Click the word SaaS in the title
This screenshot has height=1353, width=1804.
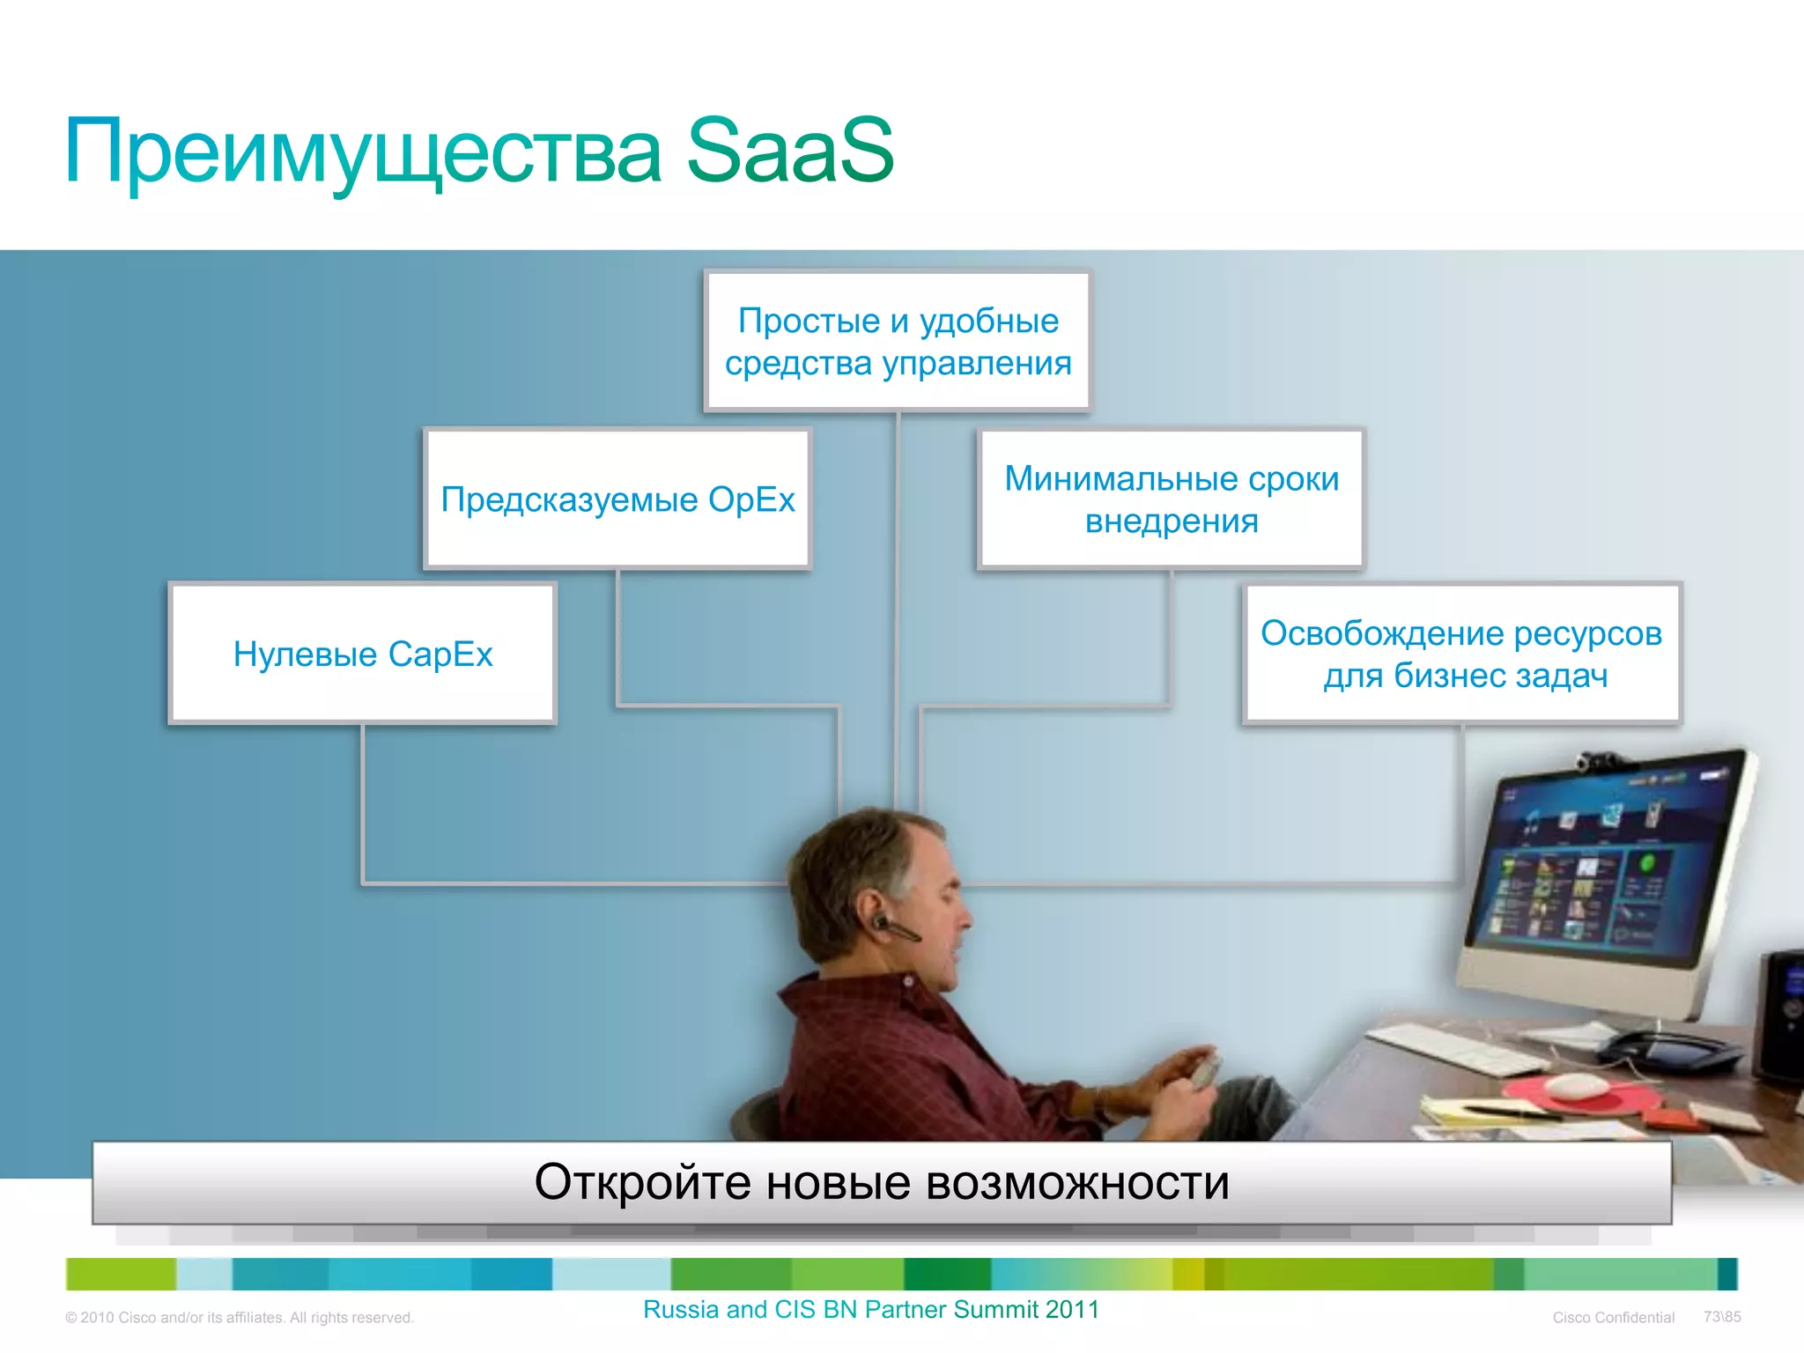pos(789,152)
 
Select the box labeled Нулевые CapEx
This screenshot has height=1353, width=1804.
pos(362,654)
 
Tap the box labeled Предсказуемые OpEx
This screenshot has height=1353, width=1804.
pos(617,499)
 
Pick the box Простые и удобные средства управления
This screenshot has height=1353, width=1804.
pos(898,342)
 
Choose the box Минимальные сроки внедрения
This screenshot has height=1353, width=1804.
pos(1171,499)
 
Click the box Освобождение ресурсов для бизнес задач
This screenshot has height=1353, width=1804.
pos(1461,654)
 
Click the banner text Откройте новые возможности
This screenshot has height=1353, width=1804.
pos(881,1182)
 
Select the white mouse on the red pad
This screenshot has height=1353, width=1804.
pos(1577,1086)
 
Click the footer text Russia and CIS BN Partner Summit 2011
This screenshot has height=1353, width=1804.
pos(870,1310)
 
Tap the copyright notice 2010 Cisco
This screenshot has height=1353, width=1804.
pos(239,1318)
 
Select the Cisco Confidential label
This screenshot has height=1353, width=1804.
pos(1613,1318)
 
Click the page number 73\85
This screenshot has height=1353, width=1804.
pos(1722,1317)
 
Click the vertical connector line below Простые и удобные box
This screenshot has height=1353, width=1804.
pos(897,599)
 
